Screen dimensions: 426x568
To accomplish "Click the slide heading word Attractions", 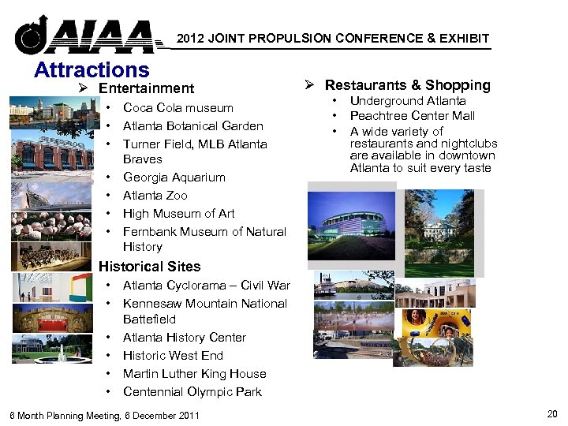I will [92, 70].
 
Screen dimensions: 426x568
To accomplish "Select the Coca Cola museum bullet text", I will [178, 108].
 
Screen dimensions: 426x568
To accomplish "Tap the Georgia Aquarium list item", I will [174, 177].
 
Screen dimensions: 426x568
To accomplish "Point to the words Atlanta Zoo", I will [155, 196].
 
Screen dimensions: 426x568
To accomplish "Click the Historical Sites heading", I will [149, 267].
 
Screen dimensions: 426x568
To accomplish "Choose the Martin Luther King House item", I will [194, 374].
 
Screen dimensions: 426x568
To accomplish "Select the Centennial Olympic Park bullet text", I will [192, 392].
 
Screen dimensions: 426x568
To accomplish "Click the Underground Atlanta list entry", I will [408, 101].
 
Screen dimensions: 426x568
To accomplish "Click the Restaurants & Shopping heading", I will [407, 85].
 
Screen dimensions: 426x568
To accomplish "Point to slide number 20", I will [551, 414].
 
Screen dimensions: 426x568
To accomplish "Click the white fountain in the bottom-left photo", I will [62, 353].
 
